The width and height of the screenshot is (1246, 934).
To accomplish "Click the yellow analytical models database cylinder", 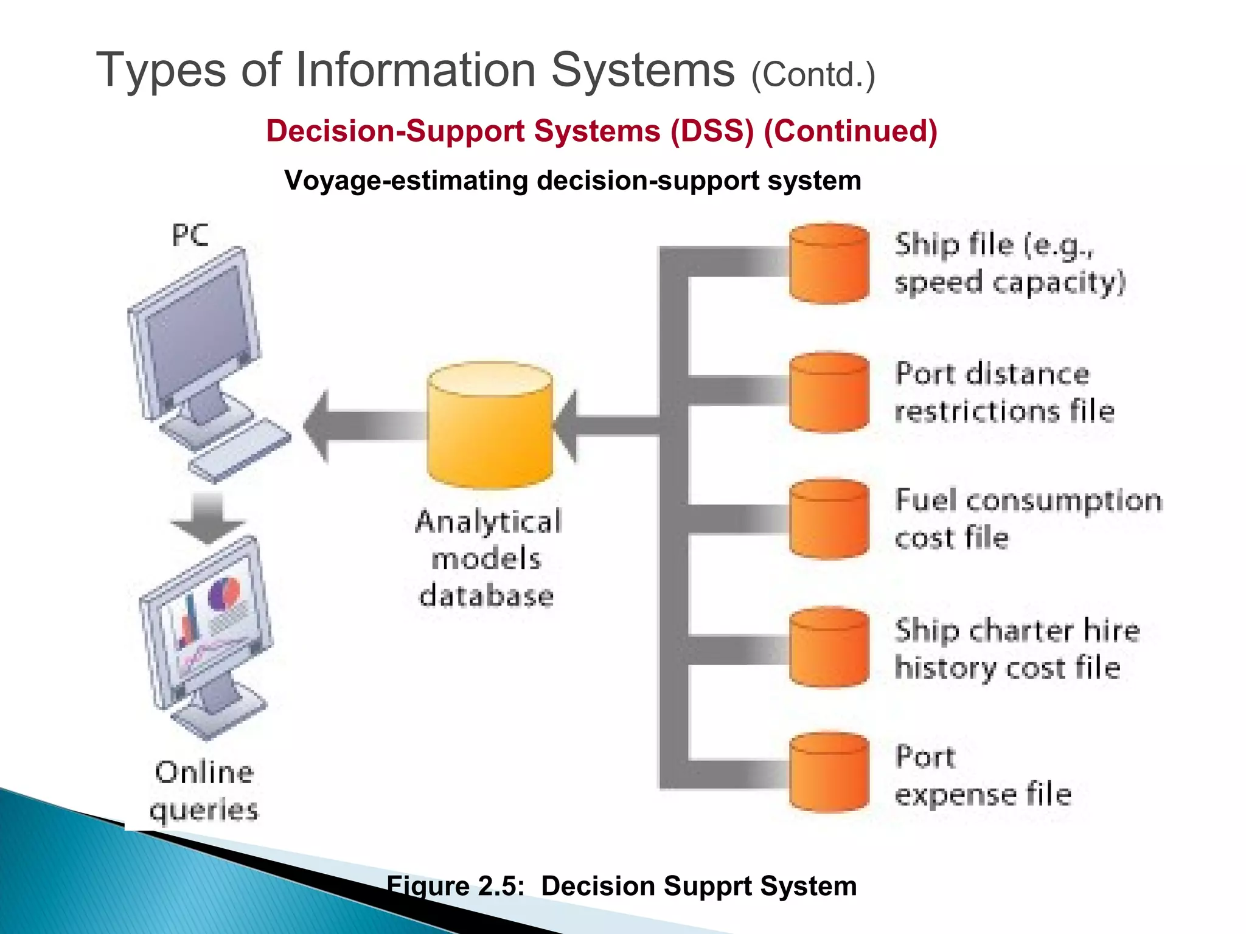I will (x=490, y=426).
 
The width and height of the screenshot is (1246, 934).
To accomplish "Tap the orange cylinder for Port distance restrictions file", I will (x=829, y=392).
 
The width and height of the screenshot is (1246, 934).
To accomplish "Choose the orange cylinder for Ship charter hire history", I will (x=829, y=647).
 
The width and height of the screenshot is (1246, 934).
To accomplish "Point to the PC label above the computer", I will (x=190, y=235).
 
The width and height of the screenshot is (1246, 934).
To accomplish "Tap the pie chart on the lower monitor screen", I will (x=225, y=594).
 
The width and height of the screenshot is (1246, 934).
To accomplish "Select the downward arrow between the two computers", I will (x=207, y=517).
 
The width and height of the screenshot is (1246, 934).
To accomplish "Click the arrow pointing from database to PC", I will (x=365, y=425).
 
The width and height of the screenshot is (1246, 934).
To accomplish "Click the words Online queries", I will (x=204, y=791).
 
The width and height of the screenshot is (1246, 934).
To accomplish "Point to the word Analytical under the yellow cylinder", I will (x=489, y=522).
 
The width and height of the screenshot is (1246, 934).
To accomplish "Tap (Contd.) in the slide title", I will (x=813, y=75).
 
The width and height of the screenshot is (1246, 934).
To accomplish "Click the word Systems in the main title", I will (x=642, y=70).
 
